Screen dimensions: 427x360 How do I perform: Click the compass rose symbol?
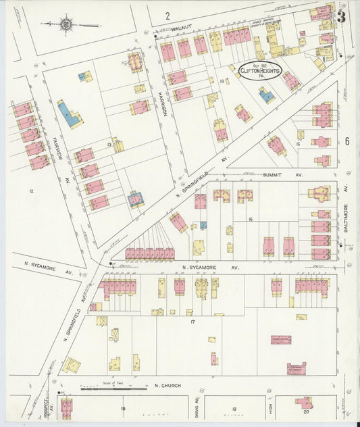pyautogui.click(x=66, y=25)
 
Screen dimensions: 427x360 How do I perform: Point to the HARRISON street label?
pyautogui.click(x=163, y=103)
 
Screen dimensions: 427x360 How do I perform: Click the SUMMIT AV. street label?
pyautogui.click(x=283, y=174)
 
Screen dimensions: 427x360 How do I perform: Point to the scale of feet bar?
pyautogui.click(x=113, y=389)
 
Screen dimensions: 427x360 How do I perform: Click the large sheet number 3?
pyautogui.click(x=341, y=17)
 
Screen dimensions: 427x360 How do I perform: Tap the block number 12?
pyautogui.click(x=30, y=191)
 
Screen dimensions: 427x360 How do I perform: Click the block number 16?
pyautogui.click(x=249, y=220)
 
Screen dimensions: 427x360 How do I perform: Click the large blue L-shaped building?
pyautogui.click(x=70, y=114)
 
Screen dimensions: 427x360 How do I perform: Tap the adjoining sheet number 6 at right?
pyautogui.click(x=346, y=141)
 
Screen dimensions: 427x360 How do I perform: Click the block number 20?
pyautogui.click(x=305, y=410)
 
